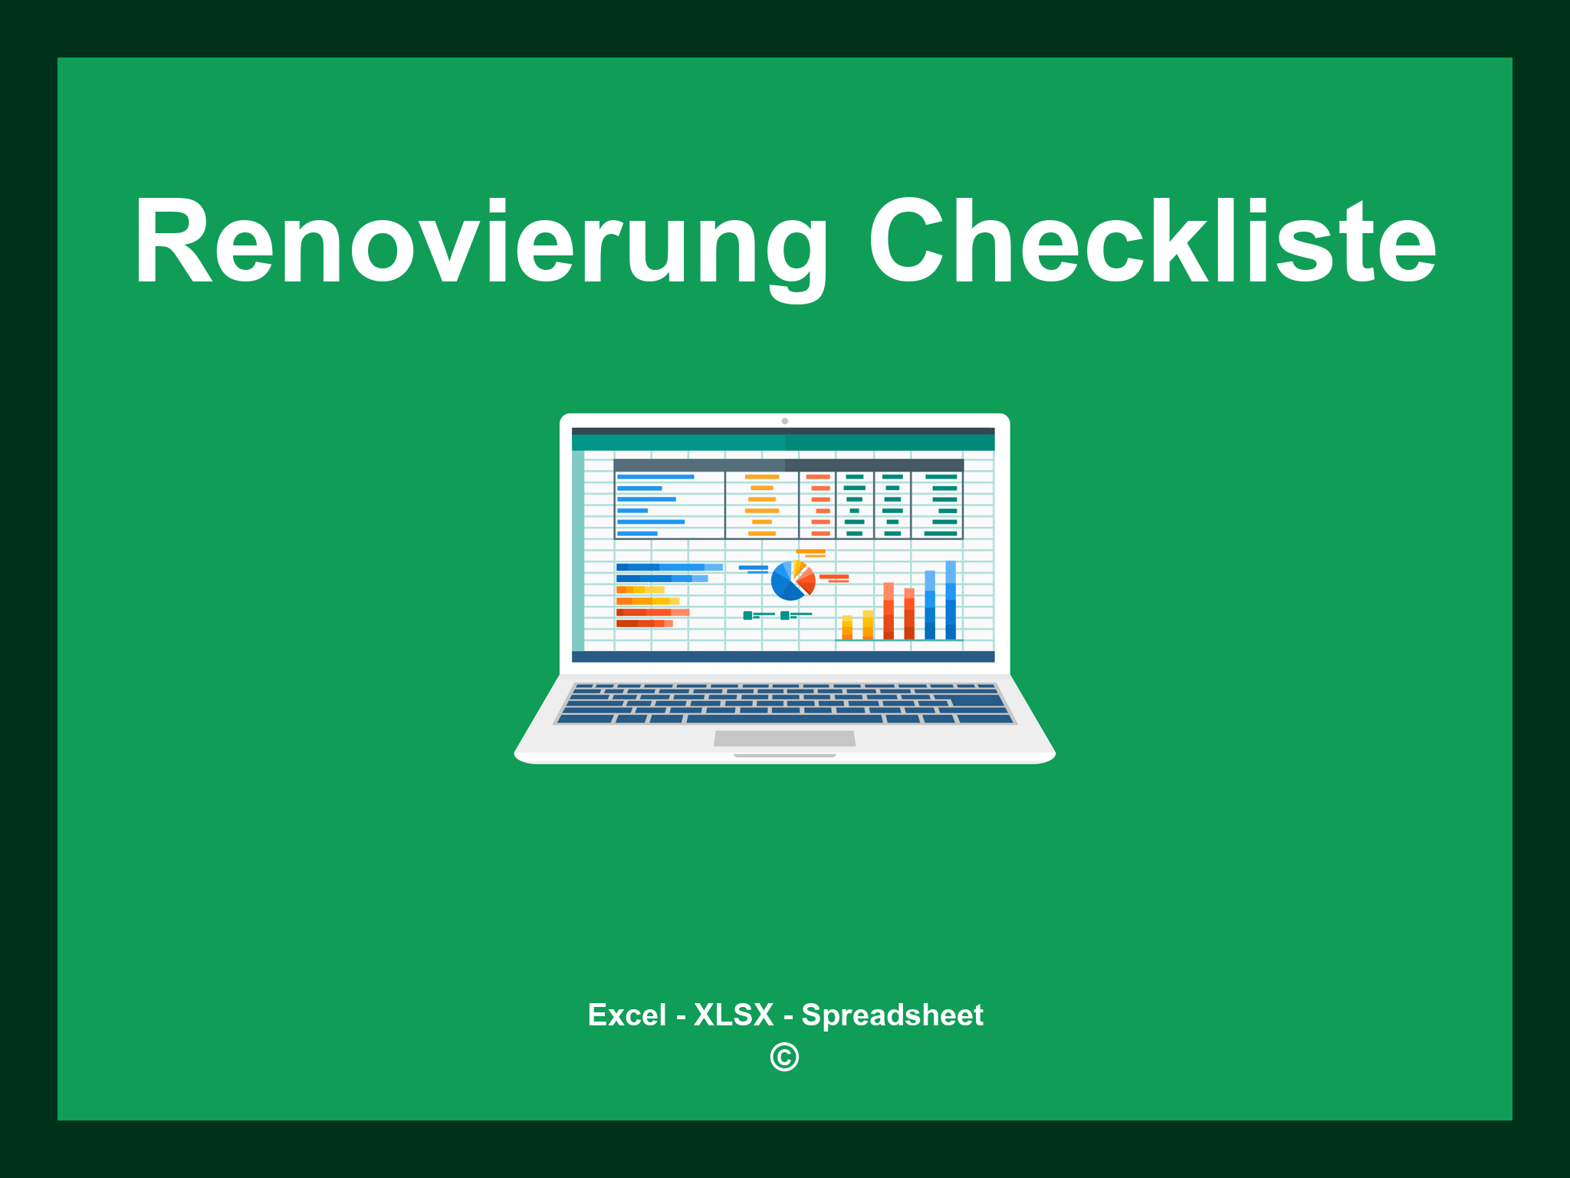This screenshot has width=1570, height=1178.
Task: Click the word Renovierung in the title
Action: (480, 244)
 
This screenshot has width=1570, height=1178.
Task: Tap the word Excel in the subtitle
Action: (626, 1015)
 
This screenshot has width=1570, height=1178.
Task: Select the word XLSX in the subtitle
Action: (734, 1015)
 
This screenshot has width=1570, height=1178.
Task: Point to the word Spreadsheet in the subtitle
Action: (892, 1015)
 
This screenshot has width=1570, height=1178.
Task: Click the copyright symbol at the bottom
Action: (784, 1058)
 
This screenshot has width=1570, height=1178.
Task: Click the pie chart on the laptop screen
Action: (792, 581)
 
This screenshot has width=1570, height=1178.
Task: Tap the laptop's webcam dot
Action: (784, 421)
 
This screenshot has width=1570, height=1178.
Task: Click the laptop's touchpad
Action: (784, 739)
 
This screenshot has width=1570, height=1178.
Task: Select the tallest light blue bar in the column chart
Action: (951, 600)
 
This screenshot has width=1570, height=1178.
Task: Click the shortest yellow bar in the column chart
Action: (847, 627)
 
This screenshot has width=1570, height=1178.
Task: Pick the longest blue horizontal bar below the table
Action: (668, 568)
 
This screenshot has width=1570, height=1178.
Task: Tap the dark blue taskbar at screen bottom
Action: (783, 657)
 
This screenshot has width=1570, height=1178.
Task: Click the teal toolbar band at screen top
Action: (783, 443)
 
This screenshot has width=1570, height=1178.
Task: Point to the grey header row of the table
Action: (788, 465)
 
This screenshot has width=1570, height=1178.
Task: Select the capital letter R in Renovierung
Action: (173, 244)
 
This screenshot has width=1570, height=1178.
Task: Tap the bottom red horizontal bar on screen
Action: (644, 624)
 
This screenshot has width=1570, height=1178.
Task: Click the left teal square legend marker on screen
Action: (747, 615)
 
